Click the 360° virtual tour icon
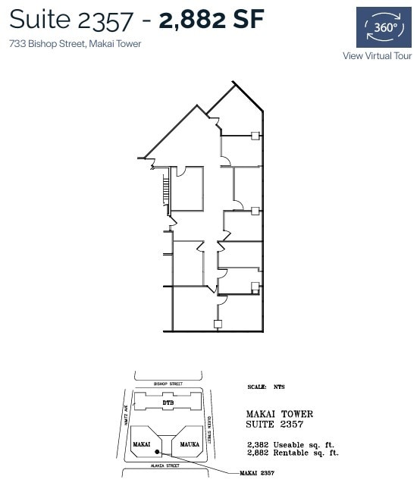point(384,27)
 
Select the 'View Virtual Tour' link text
point(377,55)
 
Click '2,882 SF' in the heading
point(212,20)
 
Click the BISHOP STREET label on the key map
point(168,384)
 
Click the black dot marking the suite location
point(156,453)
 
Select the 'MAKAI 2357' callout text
point(255,473)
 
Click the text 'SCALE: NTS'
point(267,387)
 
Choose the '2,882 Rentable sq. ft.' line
point(293,453)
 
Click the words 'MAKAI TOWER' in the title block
point(280,414)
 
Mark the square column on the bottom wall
point(218,324)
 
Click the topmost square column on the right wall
point(255,136)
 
